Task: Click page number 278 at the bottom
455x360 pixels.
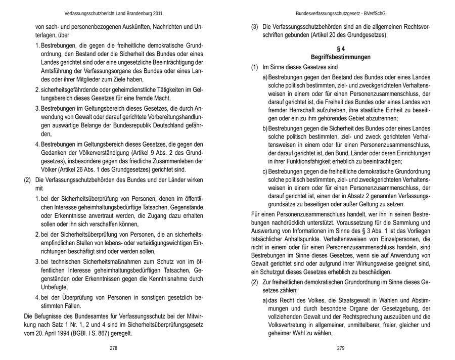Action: (x=114, y=348)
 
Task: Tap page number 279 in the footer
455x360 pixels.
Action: (x=340, y=348)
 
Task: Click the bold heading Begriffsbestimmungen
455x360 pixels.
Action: (x=341, y=57)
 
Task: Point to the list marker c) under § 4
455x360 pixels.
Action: (x=264, y=171)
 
